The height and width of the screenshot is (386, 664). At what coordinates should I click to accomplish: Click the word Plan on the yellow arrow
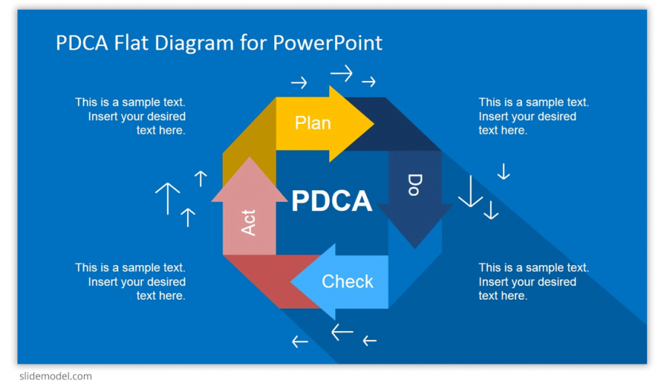pos(312,123)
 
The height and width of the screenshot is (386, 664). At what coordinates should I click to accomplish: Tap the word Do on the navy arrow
pos(414,185)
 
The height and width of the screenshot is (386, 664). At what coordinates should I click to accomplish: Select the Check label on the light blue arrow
pos(347,281)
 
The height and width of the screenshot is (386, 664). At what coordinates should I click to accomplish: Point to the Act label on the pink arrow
pos(249,222)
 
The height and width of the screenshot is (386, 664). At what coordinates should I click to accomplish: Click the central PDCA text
pos(331,200)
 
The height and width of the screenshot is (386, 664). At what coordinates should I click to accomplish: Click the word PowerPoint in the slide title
pos(327,42)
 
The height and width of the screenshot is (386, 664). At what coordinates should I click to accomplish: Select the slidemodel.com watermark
pos(56,376)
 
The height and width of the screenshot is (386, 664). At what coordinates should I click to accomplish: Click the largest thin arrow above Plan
pos(341,73)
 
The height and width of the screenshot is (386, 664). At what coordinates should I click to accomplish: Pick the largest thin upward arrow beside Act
pos(168,198)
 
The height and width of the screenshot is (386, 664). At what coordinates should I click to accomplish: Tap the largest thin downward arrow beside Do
pos(470,192)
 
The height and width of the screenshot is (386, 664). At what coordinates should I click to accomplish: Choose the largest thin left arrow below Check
pos(342,332)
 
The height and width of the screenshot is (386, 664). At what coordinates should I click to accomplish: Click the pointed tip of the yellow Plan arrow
pos(374,124)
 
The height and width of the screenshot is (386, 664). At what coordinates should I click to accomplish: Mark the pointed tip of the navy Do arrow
pos(415,248)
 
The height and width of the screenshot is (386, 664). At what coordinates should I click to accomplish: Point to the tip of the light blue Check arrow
pos(291,281)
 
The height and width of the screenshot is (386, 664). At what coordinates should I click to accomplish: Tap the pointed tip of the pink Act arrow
pos(250,157)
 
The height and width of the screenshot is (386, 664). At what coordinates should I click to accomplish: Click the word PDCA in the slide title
pos(82,42)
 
